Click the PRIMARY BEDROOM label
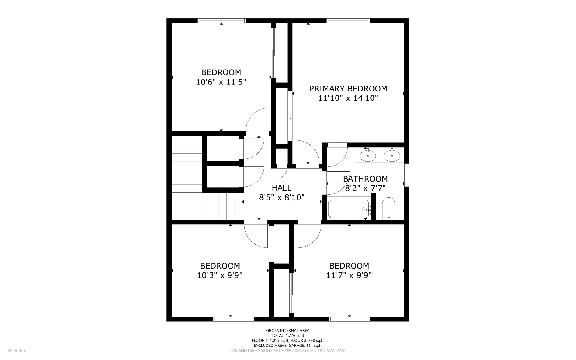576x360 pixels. [348, 89]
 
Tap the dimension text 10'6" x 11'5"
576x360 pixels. [221, 82]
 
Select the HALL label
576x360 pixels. [281, 188]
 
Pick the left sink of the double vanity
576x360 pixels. [368, 156]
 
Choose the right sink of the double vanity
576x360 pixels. [392, 156]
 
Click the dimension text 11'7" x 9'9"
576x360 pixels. [349, 275]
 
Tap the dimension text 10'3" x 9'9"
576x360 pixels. [220, 275]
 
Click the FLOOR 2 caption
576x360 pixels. [17, 350]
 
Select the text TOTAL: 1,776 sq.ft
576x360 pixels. [288, 336]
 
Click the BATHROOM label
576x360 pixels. [365, 179]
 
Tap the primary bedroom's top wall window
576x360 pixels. [348, 21]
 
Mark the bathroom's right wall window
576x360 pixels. [406, 175]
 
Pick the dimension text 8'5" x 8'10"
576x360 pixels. [282, 197]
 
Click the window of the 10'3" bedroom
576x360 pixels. [233, 319]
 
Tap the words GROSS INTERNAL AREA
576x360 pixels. [288, 330]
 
